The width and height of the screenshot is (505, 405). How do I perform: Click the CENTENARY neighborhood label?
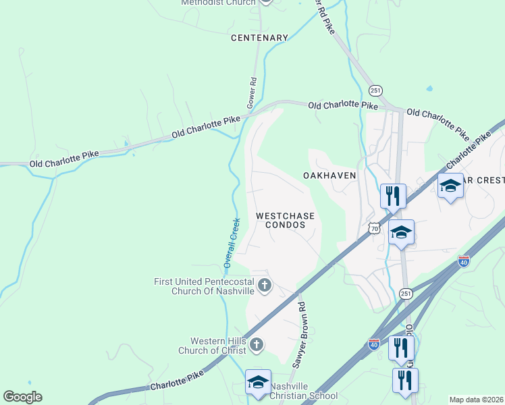click(x=260, y=38)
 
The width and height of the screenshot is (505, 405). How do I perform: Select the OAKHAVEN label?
click(x=329, y=175)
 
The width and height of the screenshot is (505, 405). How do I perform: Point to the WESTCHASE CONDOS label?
click(x=286, y=220)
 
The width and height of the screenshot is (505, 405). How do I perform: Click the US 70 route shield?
click(x=374, y=229)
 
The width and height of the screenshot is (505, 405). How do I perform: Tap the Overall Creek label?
click(x=231, y=242)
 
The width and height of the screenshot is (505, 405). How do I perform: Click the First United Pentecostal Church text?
click(x=203, y=286)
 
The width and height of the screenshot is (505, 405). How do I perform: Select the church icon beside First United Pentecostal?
click(x=265, y=286)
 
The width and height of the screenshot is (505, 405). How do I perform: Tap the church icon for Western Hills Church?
click(x=256, y=346)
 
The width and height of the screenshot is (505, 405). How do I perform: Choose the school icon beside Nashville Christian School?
click(x=258, y=382)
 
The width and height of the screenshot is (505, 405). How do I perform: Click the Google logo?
click(x=22, y=396)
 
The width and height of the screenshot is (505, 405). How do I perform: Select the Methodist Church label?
click(x=218, y=3)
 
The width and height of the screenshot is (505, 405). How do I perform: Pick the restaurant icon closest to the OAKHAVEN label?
click(x=393, y=196)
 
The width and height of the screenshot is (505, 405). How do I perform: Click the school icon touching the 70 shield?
click(x=402, y=233)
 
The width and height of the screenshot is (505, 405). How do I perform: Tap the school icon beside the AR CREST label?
click(x=450, y=186)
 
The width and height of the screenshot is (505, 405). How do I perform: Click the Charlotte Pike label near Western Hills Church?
click(x=177, y=382)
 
